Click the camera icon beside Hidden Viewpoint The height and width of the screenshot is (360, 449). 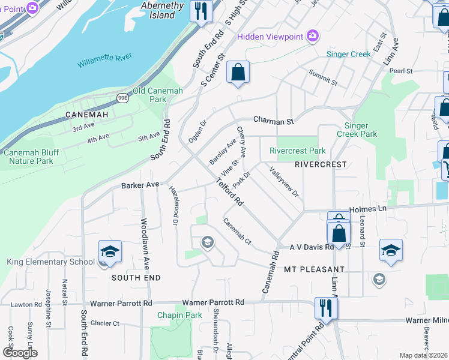[312, 37]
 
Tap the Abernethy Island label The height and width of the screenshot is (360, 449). [158, 10]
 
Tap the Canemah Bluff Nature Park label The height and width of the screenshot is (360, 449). [37, 157]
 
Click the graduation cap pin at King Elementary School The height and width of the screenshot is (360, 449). [110, 251]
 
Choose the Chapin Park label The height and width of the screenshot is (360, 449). [179, 315]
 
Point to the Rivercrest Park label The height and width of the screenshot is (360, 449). [298, 151]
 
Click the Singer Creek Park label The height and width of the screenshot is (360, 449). [361, 130]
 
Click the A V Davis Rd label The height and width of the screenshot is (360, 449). [312, 247]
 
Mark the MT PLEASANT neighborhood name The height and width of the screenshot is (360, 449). [314, 270]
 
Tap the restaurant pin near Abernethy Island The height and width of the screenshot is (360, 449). [201, 10]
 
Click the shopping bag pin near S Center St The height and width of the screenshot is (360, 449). [238, 72]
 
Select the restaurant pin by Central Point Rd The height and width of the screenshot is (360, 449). [325, 308]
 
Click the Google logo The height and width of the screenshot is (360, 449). [20, 353]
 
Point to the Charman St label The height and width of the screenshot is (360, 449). [273, 121]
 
